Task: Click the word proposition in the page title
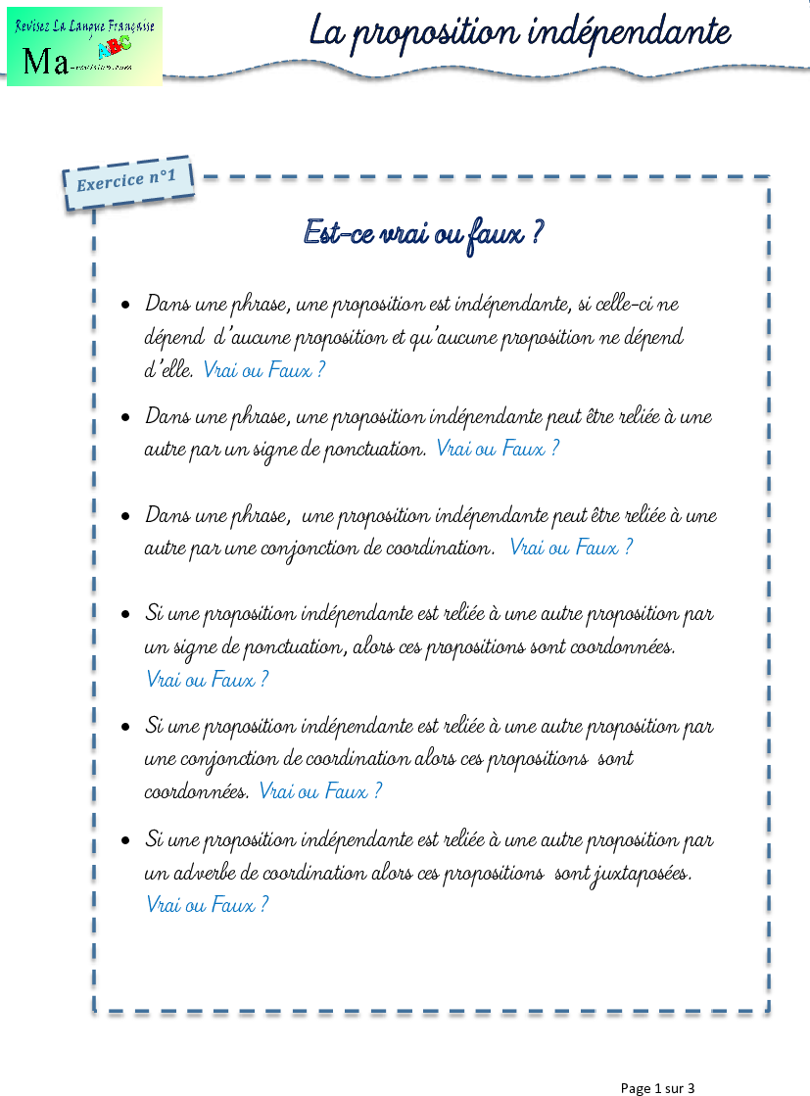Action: point(434,32)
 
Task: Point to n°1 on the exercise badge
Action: point(163,177)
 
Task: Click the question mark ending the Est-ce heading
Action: point(537,233)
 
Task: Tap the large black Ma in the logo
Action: point(45,62)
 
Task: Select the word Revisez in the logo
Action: point(33,25)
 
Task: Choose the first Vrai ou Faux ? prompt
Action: point(263,369)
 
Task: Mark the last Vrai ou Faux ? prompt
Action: point(207,904)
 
